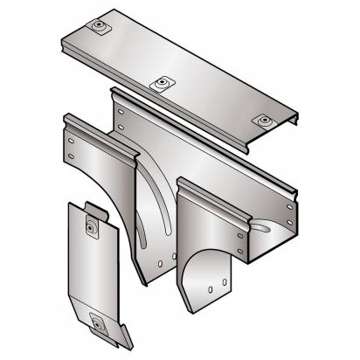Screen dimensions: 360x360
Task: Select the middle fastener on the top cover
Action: pyautogui.click(x=161, y=84)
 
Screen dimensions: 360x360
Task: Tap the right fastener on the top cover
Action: pyautogui.click(x=262, y=120)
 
